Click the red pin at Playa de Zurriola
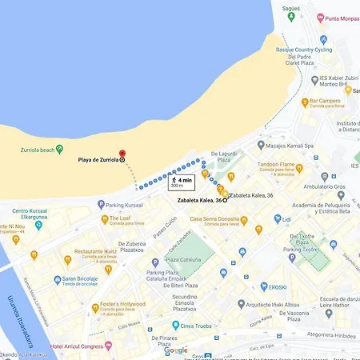(x=122, y=154)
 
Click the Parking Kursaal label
(x=125, y=205)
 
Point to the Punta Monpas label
(x=341, y=18)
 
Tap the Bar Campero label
(x=324, y=102)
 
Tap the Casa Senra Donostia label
(x=216, y=219)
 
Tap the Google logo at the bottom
(x=176, y=350)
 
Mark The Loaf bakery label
(x=119, y=218)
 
